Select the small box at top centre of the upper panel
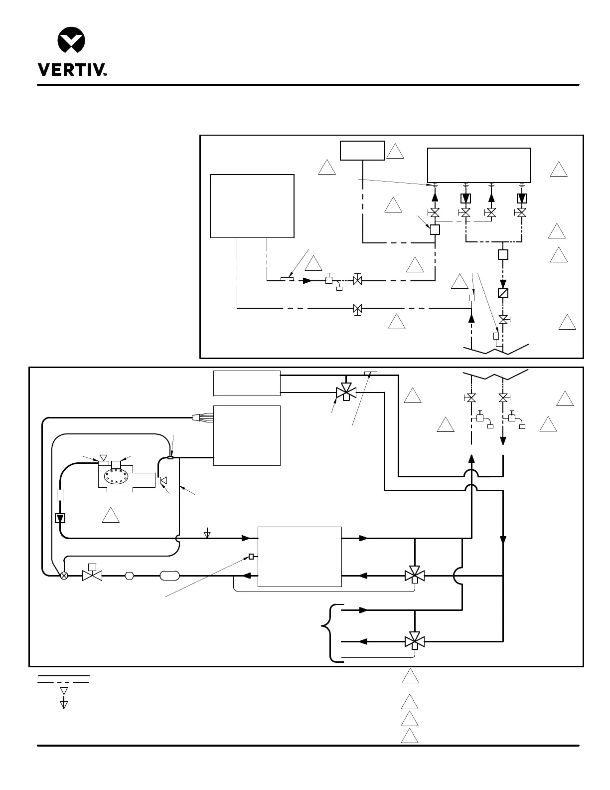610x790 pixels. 362,151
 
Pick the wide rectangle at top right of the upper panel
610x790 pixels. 479,165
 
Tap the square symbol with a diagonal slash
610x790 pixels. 503,293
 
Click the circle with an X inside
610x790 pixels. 64,576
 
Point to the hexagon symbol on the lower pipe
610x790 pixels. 130,576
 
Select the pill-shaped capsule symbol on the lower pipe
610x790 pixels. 169,576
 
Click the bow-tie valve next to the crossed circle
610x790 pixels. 92,576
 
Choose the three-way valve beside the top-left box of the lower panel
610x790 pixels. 346,392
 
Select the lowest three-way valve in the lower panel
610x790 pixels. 414,641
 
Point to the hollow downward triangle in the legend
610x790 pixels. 64,691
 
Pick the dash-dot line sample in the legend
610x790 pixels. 64,682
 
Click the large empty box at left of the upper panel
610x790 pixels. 252,206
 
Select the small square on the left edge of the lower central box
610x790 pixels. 251,557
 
